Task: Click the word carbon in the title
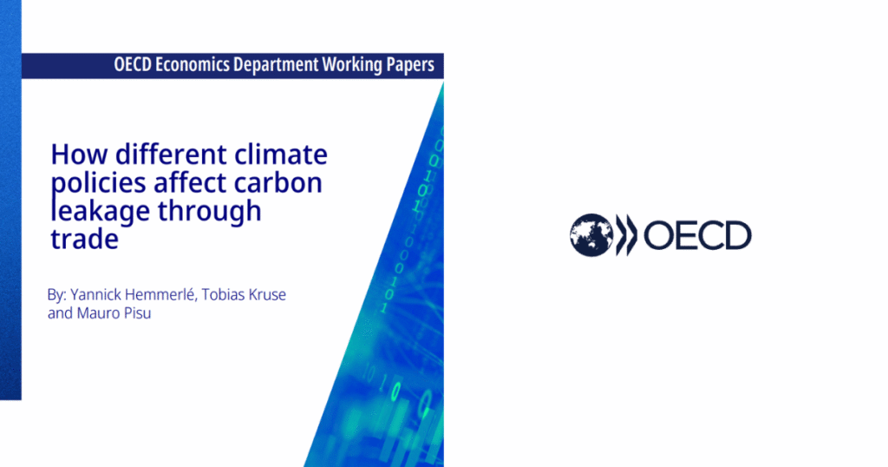coord(283,182)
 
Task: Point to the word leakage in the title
coord(93,212)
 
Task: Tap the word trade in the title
coord(83,239)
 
